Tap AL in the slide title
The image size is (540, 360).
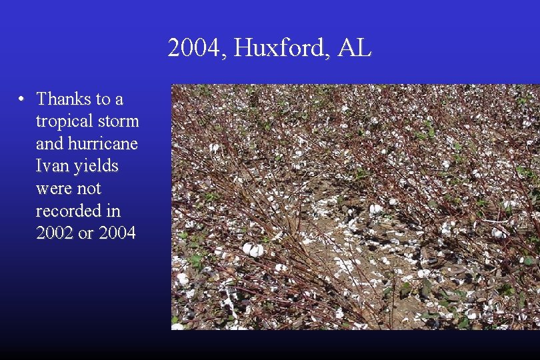click(354, 48)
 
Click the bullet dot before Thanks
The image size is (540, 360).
click(22, 99)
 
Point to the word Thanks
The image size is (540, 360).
click(64, 99)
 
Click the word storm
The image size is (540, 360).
click(119, 122)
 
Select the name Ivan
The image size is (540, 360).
click(51, 167)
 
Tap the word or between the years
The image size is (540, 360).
click(85, 233)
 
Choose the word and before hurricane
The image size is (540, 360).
click(49, 144)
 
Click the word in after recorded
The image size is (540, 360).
click(113, 211)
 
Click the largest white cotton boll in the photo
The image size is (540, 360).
click(253, 249)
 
